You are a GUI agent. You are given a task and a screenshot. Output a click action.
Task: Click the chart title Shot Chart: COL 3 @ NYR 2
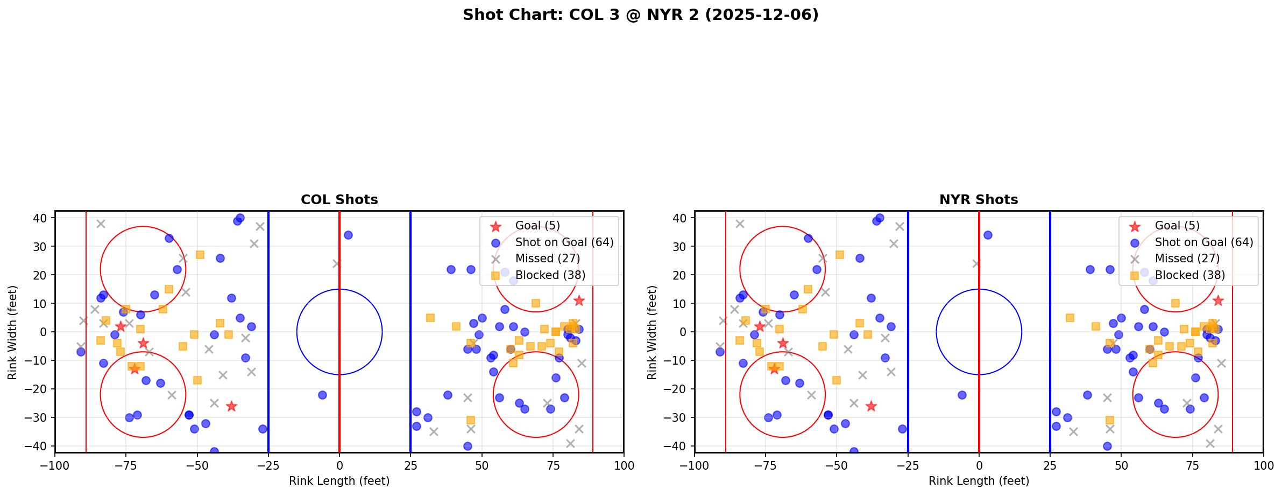(x=640, y=15)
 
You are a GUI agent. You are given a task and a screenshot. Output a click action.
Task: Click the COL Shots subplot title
(x=339, y=200)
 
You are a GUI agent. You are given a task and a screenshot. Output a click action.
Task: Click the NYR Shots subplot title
(x=978, y=200)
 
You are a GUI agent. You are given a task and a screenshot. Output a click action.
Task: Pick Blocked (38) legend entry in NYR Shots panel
(x=1189, y=275)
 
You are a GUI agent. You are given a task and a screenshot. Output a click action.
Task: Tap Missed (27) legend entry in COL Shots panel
(x=547, y=259)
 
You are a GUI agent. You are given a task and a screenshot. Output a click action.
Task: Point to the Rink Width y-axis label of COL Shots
(x=12, y=332)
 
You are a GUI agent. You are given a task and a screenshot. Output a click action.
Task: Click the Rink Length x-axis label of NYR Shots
(x=978, y=481)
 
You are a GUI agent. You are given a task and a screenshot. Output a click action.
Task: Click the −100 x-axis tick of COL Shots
(x=55, y=465)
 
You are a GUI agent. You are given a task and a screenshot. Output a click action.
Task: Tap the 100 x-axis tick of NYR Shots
(x=1263, y=465)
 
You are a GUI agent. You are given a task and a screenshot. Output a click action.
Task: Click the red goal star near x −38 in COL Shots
(x=231, y=406)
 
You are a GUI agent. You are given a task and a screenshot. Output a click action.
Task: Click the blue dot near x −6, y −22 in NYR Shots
(x=962, y=395)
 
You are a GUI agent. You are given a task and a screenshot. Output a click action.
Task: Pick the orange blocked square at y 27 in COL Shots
(x=200, y=255)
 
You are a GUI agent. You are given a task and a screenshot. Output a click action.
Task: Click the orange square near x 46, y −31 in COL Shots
(x=470, y=420)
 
